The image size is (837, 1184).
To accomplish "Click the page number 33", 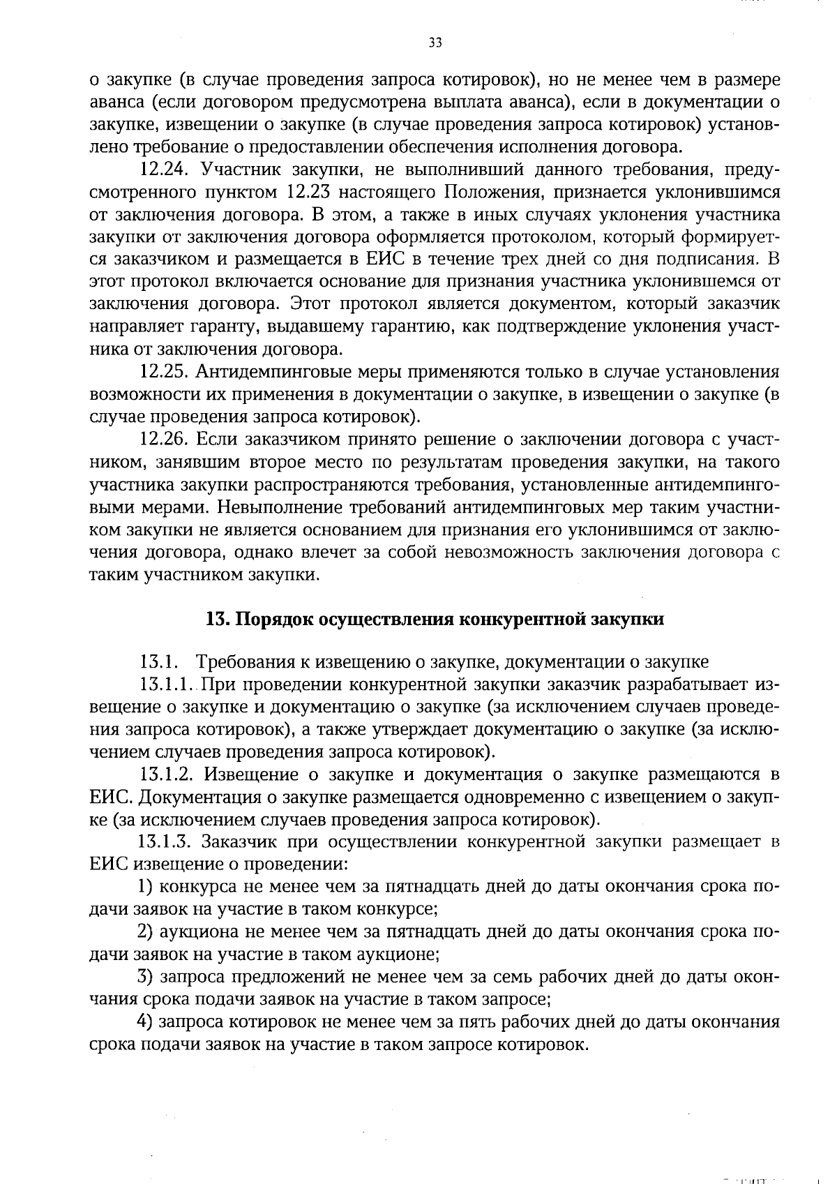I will point(435,43).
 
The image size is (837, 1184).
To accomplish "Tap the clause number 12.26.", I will point(165,440).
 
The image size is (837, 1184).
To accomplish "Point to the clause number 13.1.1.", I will point(169,684).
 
